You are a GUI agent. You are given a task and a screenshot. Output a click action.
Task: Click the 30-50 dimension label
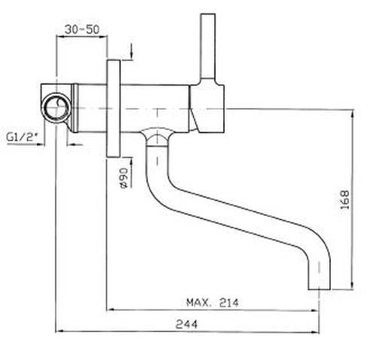[82, 29]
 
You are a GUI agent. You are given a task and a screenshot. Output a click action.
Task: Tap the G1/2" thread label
[22, 137]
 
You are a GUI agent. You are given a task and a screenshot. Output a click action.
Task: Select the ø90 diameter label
[123, 177]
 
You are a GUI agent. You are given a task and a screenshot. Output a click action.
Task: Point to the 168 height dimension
[345, 200]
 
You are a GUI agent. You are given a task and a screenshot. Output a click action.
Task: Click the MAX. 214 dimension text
[213, 303]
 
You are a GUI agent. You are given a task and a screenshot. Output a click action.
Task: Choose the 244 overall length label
[186, 325]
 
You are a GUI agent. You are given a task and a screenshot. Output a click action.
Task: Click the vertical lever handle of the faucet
[208, 47]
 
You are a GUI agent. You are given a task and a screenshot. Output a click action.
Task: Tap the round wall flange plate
[114, 108]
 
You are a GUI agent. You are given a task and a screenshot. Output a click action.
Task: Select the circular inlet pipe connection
[56, 108]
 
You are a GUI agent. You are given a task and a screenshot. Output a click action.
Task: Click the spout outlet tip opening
[319, 289]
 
